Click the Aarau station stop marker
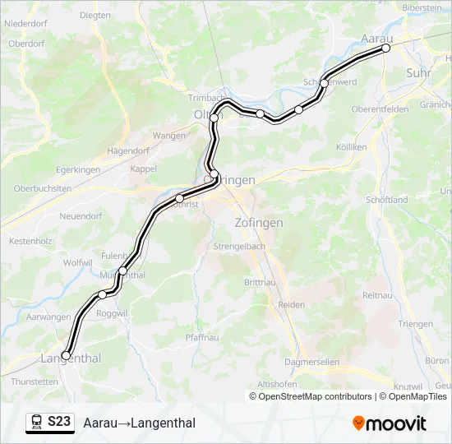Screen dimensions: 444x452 [385, 49]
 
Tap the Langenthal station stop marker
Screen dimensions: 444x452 [66, 356]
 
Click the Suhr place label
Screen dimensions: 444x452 [417, 73]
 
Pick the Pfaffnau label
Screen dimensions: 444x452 [203, 337]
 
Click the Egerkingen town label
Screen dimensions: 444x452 [78, 169]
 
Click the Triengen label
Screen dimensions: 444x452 [416, 324]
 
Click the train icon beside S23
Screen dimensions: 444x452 [37, 423]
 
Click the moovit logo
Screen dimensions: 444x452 [390, 423]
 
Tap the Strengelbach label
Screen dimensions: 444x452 [237, 247]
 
